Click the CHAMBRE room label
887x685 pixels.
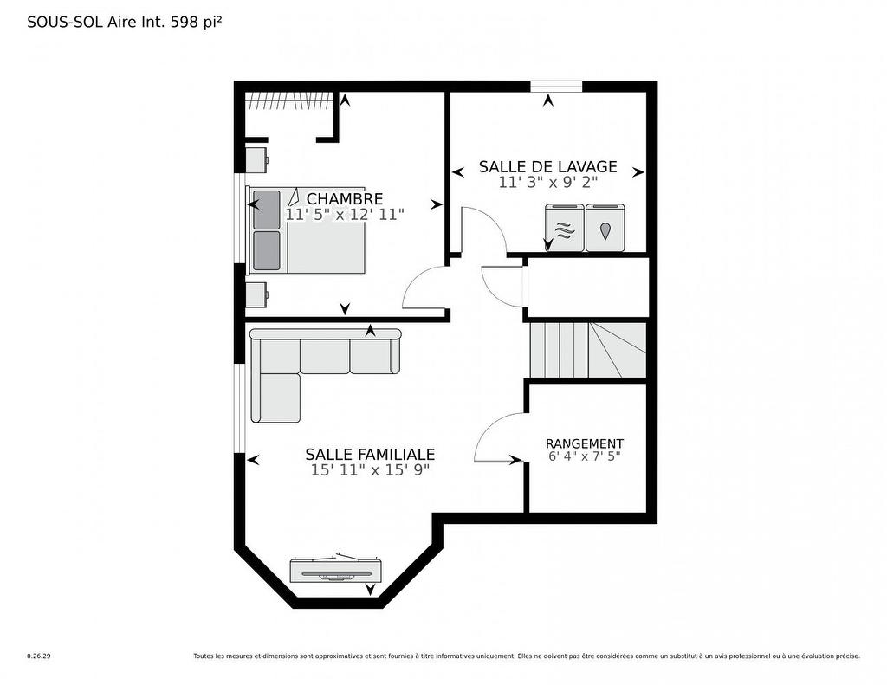coord(344,199)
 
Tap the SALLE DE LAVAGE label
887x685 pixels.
coord(547,167)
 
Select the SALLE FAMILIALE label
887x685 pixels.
coord(370,455)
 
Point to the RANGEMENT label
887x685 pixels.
coord(584,443)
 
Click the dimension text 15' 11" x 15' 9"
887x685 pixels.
coord(370,470)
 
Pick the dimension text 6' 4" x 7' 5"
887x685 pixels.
coord(584,456)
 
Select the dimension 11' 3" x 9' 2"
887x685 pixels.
coord(547,183)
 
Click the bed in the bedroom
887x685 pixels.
coord(308,229)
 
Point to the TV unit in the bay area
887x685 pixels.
coord(335,569)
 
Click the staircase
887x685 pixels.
coord(587,350)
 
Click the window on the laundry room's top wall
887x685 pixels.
coord(555,86)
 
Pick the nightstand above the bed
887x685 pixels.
coord(256,160)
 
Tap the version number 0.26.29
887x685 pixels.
coord(39,656)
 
